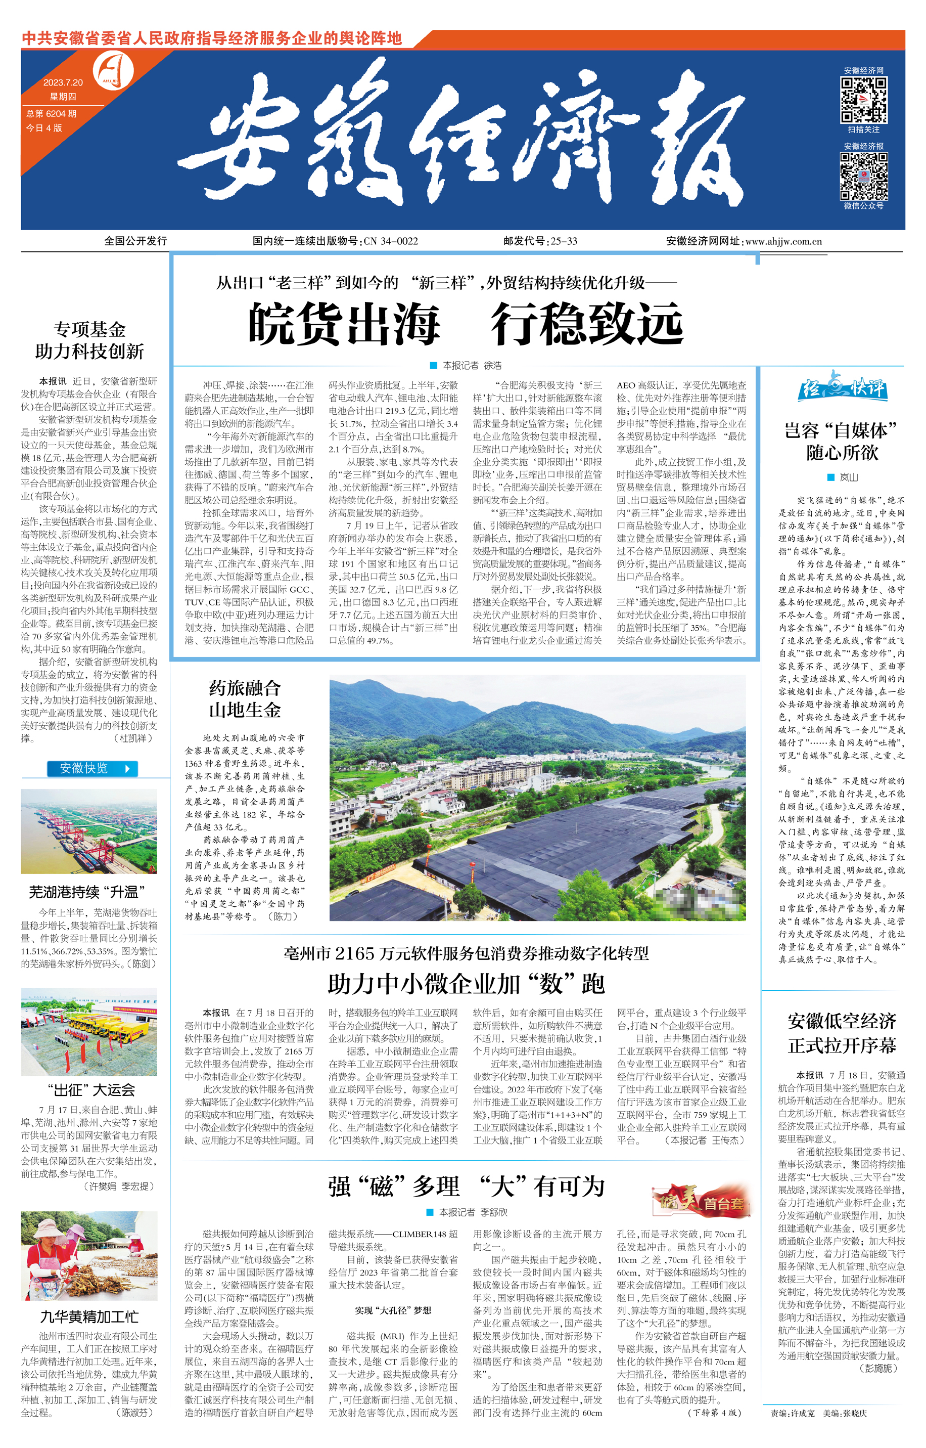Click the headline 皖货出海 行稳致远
466,324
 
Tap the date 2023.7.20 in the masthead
63,82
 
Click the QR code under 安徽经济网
863,100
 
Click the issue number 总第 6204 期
51,114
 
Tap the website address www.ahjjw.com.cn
783,241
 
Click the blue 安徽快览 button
92,768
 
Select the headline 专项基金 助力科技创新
89,340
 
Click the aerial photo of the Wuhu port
89,831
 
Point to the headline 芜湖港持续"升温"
88,892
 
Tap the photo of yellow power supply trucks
89,1032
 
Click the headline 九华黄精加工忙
89,1317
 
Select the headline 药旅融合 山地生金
245,699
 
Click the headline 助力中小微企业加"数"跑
466,984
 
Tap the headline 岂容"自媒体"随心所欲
841,442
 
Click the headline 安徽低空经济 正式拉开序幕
842,1033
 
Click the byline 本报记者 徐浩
466,366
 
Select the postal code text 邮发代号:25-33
540,241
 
